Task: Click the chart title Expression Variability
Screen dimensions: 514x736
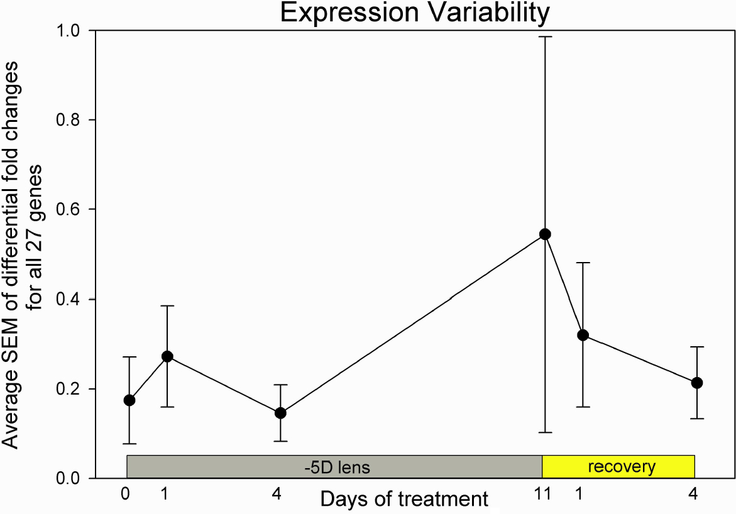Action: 415,13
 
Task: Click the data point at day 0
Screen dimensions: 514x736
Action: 129,400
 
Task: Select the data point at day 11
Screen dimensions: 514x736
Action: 545,234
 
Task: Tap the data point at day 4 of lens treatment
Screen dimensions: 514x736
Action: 280,413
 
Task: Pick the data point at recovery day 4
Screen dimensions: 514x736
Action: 696,383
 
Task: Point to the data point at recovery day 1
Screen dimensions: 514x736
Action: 583,335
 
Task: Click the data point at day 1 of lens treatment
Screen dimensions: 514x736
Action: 167,356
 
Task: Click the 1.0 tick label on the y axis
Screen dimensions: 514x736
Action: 69,30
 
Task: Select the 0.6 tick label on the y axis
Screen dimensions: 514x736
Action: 69,209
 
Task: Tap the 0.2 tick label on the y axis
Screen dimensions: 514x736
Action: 69,389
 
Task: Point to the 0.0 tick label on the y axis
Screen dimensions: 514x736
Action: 69,479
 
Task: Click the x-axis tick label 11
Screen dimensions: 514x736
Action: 543,494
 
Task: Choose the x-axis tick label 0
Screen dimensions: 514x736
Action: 126,494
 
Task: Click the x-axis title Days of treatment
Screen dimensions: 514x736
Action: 404,500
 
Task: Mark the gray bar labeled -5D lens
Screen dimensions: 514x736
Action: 334,467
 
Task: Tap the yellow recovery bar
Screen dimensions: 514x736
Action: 618,467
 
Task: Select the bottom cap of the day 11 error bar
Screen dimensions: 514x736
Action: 545,432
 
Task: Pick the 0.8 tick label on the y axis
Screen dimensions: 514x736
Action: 69,120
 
